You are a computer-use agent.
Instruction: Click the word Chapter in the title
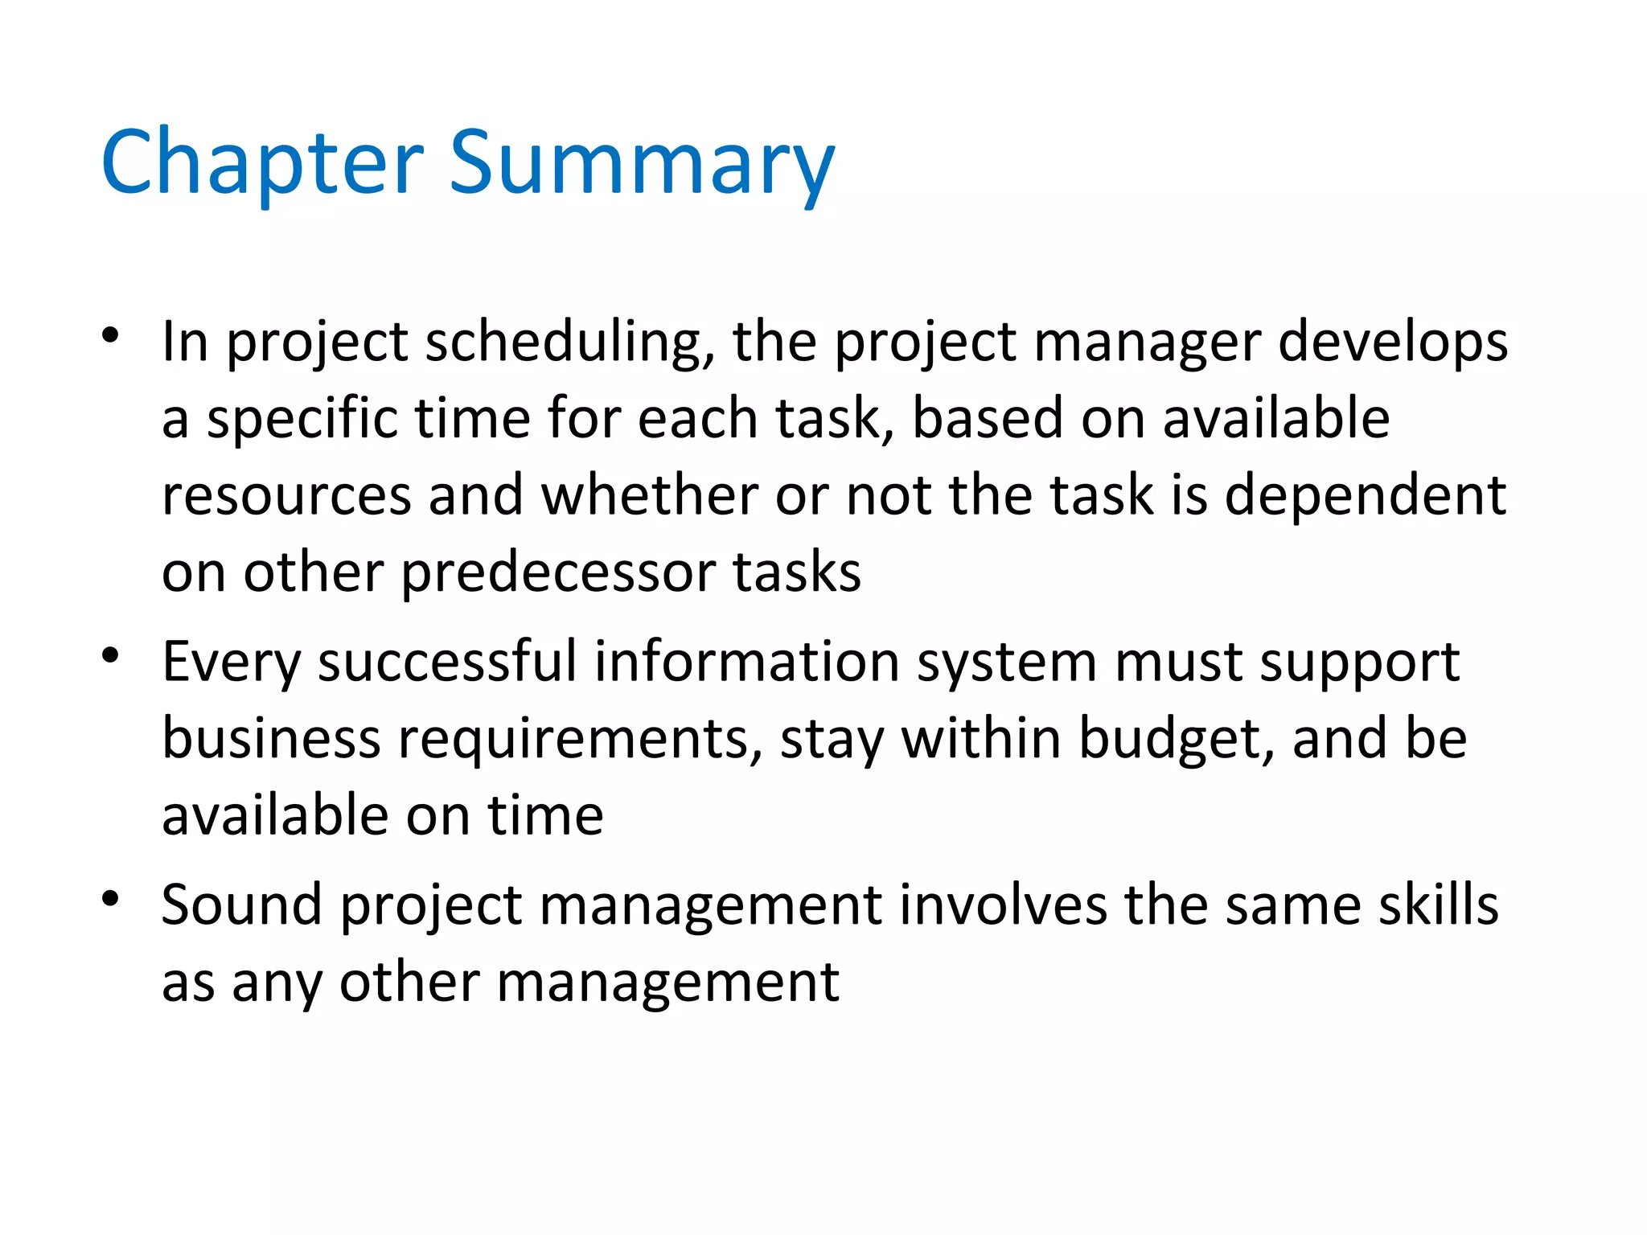click(261, 162)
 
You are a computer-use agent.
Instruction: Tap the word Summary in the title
click(641, 162)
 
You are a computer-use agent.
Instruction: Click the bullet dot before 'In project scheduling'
click(111, 334)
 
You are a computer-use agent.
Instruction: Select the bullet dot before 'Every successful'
click(111, 655)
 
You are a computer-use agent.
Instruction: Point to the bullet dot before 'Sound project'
click(111, 898)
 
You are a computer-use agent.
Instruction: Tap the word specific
click(302, 420)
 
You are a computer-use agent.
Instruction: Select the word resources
click(287, 496)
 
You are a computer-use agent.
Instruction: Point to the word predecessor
click(558, 572)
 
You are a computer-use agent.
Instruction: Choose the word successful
click(447, 662)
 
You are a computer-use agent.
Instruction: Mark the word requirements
click(580, 740)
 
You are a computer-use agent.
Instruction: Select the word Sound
click(241, 905)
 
